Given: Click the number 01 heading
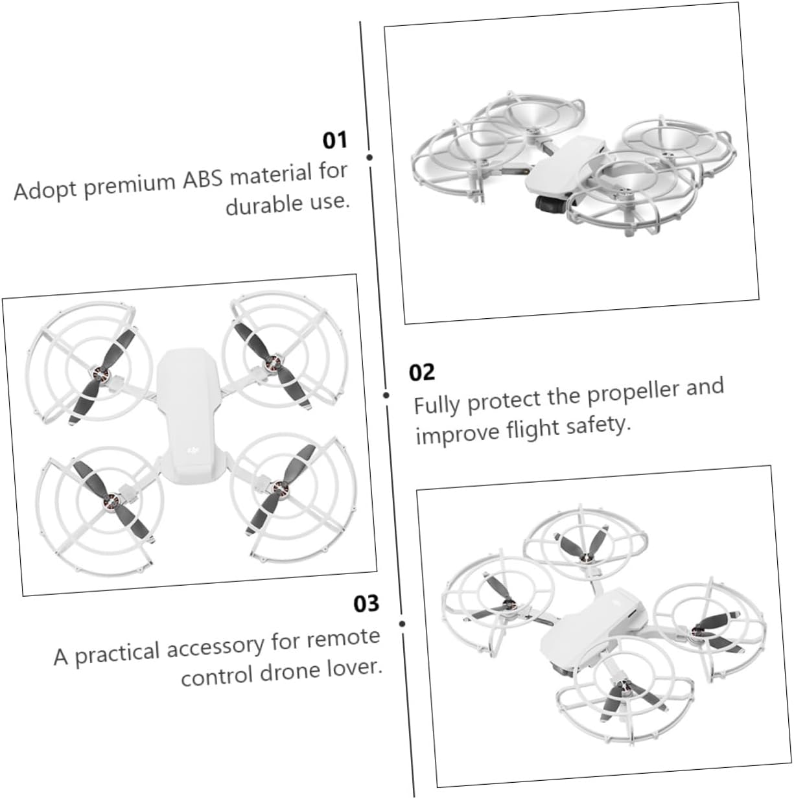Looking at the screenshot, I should [x=335, y=140].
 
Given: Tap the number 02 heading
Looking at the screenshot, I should [x=422, y=373].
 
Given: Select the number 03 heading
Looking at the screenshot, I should [x=366, y=604].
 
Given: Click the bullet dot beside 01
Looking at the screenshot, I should [x=369, y=157].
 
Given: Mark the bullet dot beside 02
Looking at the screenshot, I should [x=386, y=395].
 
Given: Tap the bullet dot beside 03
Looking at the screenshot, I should [x=402, y=623].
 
